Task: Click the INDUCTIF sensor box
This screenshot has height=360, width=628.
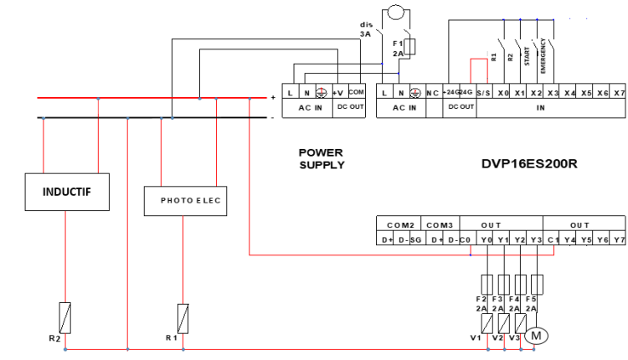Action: coord(66,192)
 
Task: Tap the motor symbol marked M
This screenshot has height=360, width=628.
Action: coord(536,336)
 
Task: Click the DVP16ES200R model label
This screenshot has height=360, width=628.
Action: coord(529,163)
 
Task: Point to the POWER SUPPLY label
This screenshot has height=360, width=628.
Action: coord(322,158)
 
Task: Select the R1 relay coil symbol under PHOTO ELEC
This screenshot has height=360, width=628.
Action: coord(183,317)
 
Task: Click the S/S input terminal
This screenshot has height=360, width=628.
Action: coord(484,93)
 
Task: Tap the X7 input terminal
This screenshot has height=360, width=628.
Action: coord(618,93)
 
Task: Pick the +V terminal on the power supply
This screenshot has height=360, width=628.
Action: coord(337,93)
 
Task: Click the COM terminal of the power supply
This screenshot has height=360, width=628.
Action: coord(356,93)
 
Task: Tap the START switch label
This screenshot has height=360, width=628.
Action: coord(527,55)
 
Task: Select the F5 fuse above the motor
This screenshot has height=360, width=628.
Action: coord(538,282)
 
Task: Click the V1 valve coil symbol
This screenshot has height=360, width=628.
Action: coord(486,321)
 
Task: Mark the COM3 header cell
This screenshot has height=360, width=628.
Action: coord(439,225)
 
